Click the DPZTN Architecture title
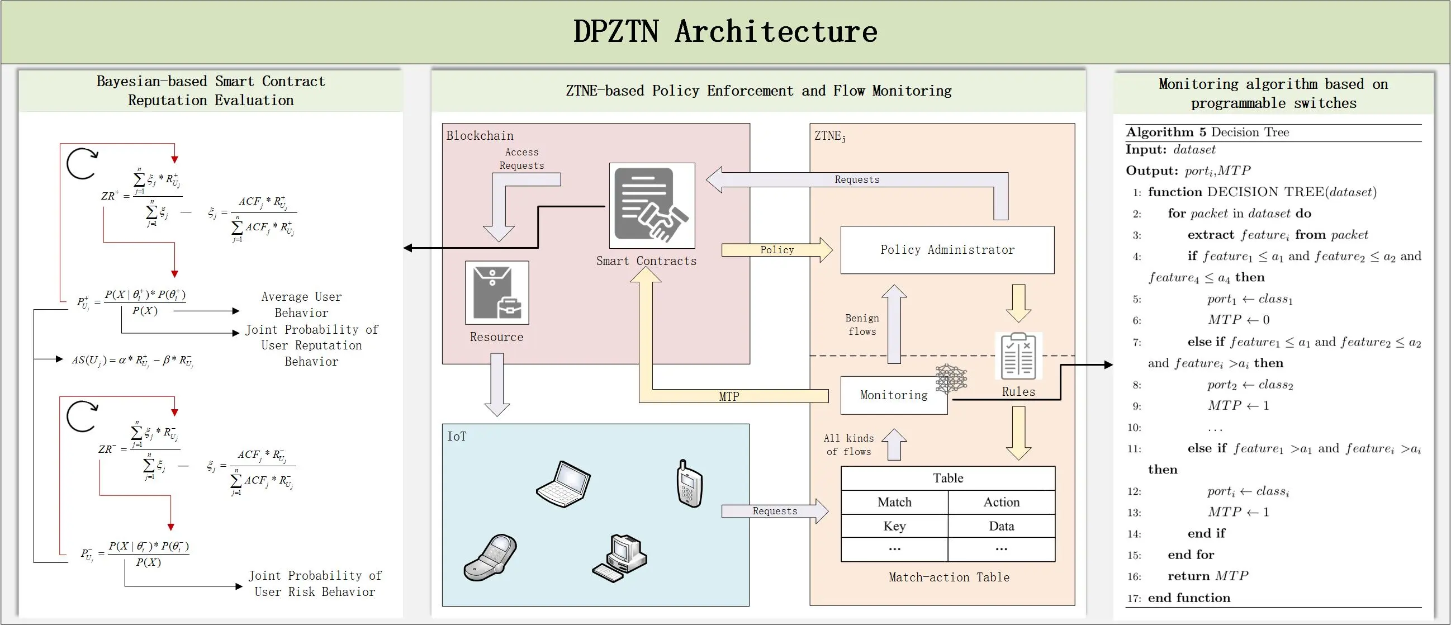tap(725, 31)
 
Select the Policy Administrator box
tap(947, 250)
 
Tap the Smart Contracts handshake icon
tap(652, 206)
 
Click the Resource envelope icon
tap(496, 292)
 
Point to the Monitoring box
tap(893, 395)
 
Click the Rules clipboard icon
tap(1018, 357)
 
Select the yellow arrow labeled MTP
tap(729, 396)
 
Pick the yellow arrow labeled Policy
tap(777, 250)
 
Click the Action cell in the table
tap(1001, 502)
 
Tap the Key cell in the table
tap(894, 526)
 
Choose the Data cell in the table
tap(1001, 526)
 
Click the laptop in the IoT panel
tap(563, 484)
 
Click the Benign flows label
tap(861, 325)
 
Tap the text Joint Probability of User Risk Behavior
tap(314, 583)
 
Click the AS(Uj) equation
tap(132, 360)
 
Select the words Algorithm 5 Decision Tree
tap(1207, 132)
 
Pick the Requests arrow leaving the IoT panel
tap(775, 511)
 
